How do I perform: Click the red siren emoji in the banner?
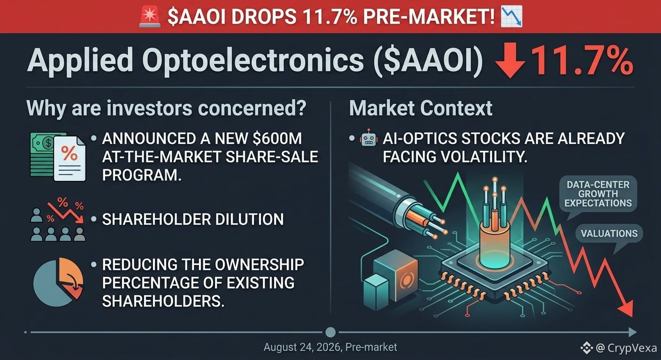pyautogui.click(x=150, y=17)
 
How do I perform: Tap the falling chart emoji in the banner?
pyautogui.click(x=511, y=17)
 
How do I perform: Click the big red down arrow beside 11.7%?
pyautogui.click(x=510, y=60)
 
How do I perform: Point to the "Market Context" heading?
pyautogui.click(x=421, y=108)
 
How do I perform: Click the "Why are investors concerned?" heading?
pyautogui.click(x=167, y=108)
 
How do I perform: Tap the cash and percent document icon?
pyautogui.click(x=58, y=157)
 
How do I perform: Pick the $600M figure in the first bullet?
pyautogui.click(x=277, y=138)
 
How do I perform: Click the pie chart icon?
pyautogui.click(x=58, y=282)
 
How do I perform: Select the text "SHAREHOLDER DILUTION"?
pyautogui.click(x=192, y=219)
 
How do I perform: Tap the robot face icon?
pyautogui.click(x=369, y=138)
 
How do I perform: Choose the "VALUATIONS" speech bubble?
pyautogui.click(x=609, y=234)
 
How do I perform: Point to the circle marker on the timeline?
pyautogui.click(x=330, y=332)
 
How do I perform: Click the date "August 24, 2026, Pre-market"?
pyautogui.click(x=330, y=347)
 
